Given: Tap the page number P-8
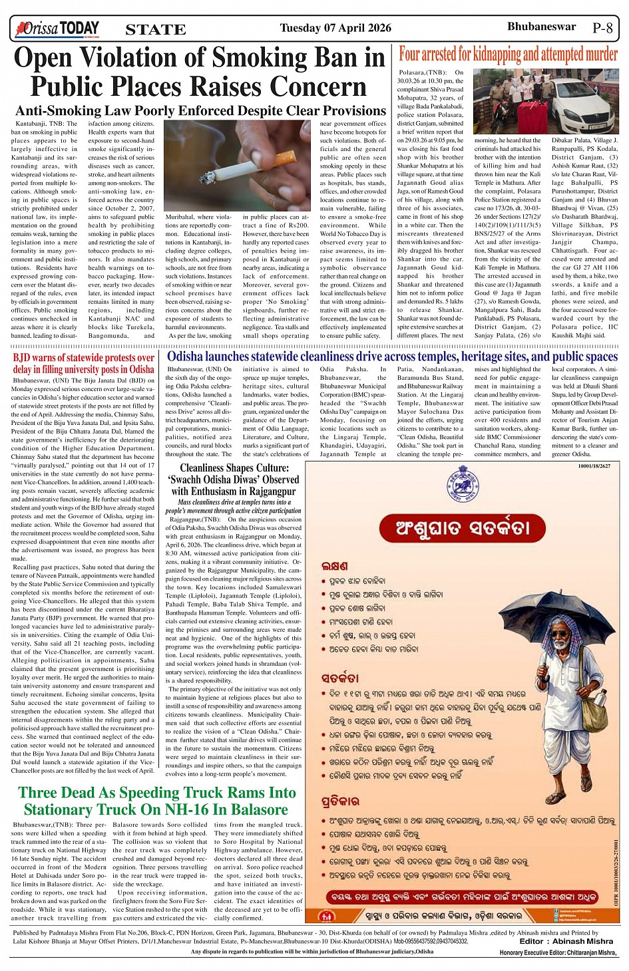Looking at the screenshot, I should coord(602,28).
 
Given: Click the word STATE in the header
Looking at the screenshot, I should coord(155,29).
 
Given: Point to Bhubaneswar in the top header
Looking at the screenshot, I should coord(541,27).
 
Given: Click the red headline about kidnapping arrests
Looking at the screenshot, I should coord(508,53).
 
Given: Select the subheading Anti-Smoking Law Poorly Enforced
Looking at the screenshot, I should coord(200,110).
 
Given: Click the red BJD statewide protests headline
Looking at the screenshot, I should coord(84,363).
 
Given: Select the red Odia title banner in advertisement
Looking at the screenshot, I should coord(463,528).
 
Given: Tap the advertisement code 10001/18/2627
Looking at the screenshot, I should coord(594,466).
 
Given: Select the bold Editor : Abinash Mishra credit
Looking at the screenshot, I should coord(566,941).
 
